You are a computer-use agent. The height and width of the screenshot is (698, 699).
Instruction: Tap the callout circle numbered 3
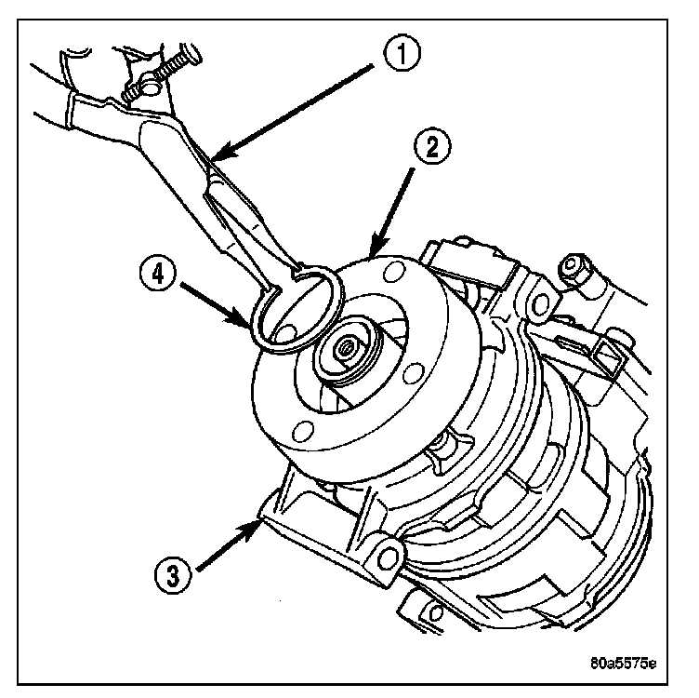(172, 570)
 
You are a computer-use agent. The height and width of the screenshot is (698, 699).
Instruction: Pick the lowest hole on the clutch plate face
(299, 430)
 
